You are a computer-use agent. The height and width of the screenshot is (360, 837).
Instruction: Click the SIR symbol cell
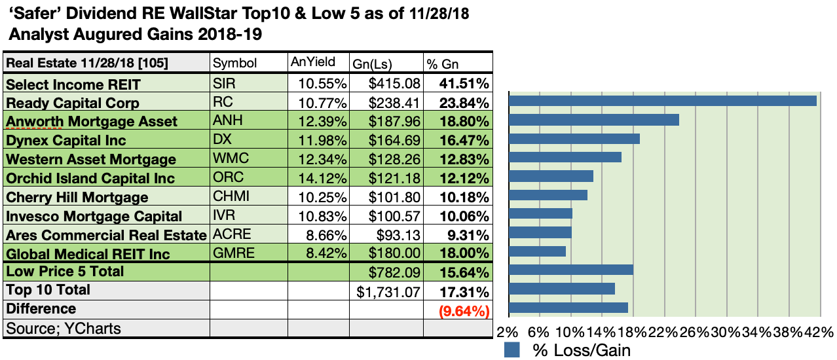pos(223,84)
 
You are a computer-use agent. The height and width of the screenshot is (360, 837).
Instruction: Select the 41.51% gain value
pos(465,84)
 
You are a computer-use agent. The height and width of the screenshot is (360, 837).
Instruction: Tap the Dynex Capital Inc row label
pos(65,140)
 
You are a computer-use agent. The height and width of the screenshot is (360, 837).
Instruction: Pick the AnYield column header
pos(312,62)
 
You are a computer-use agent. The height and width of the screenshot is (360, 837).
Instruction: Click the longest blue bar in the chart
pos(662,101)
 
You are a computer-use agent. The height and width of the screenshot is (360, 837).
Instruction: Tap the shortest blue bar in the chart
pos(537,251)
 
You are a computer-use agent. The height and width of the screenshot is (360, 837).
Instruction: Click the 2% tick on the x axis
pos(508,332)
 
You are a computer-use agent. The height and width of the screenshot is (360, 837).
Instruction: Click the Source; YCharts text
pos(63,328)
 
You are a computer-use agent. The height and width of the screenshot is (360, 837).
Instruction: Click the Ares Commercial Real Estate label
pos(106,235)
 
